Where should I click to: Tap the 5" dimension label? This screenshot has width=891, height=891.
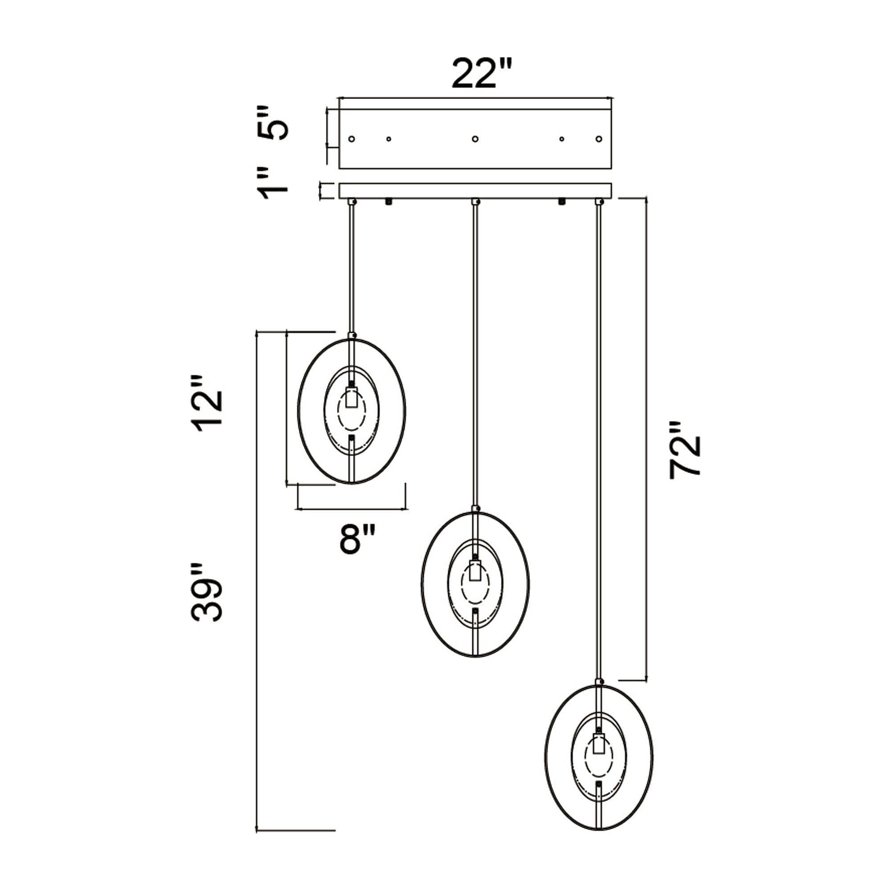click(272, 123)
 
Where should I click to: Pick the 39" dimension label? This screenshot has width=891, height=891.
click(208, 593)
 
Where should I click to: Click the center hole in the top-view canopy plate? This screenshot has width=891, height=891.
click(475, 139)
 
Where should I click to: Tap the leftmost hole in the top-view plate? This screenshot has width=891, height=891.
click(352, 139)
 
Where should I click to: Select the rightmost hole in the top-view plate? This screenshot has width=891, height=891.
click(599, 139)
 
